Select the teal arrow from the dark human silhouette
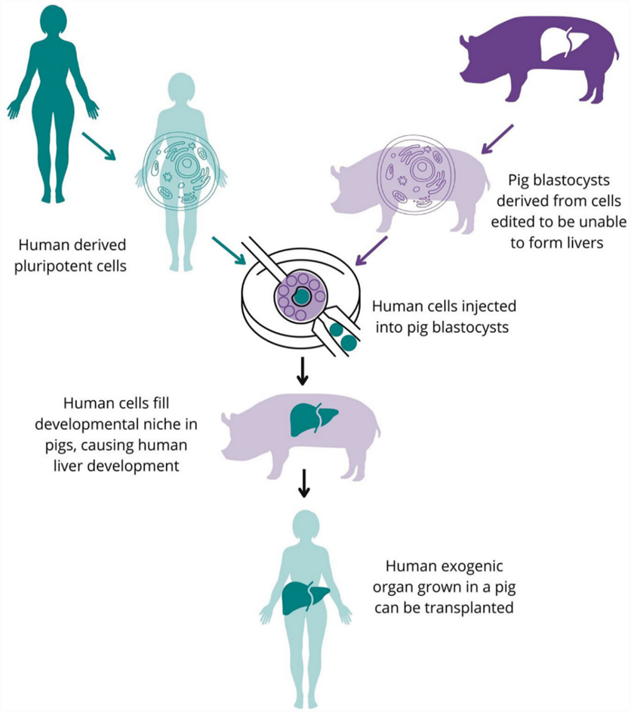point(98,146)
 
